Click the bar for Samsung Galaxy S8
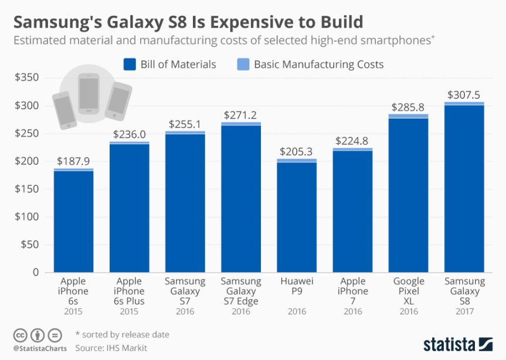464,188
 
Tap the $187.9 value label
74,161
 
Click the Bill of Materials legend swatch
129,64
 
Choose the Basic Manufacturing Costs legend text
318,64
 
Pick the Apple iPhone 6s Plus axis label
130,291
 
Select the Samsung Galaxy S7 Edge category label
241,291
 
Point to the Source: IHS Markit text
111,348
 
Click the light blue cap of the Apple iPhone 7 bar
352,150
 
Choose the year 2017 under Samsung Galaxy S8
464,312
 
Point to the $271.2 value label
241,115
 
